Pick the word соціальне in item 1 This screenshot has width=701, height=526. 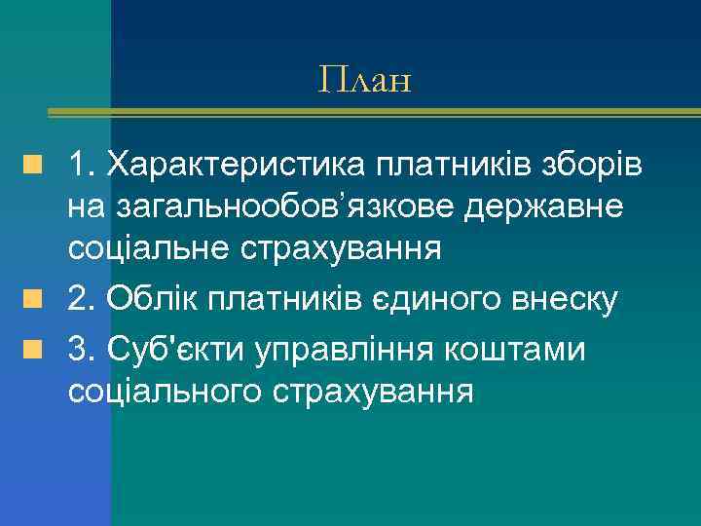point(146,248)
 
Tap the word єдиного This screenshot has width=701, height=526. point(435,300)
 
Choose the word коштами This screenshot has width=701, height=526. point(513,349)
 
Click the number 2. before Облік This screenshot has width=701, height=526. point(80,300)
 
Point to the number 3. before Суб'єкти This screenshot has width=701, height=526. point(80,349)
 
